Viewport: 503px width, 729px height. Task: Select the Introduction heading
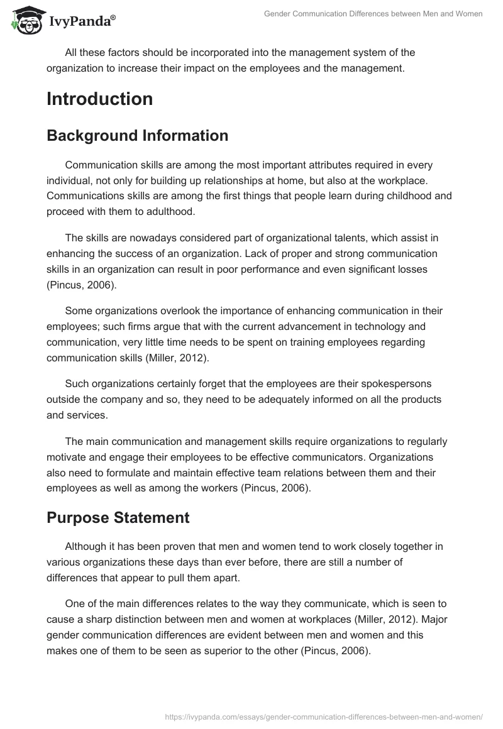click(x=99, y=99)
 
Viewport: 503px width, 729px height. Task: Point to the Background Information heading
click(x=137, y=136)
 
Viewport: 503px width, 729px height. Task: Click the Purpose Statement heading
click(x=118, y=518)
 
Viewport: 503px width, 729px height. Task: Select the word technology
click(x=362, y=326)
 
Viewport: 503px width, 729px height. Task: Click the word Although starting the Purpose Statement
click(x=87, y=547)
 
